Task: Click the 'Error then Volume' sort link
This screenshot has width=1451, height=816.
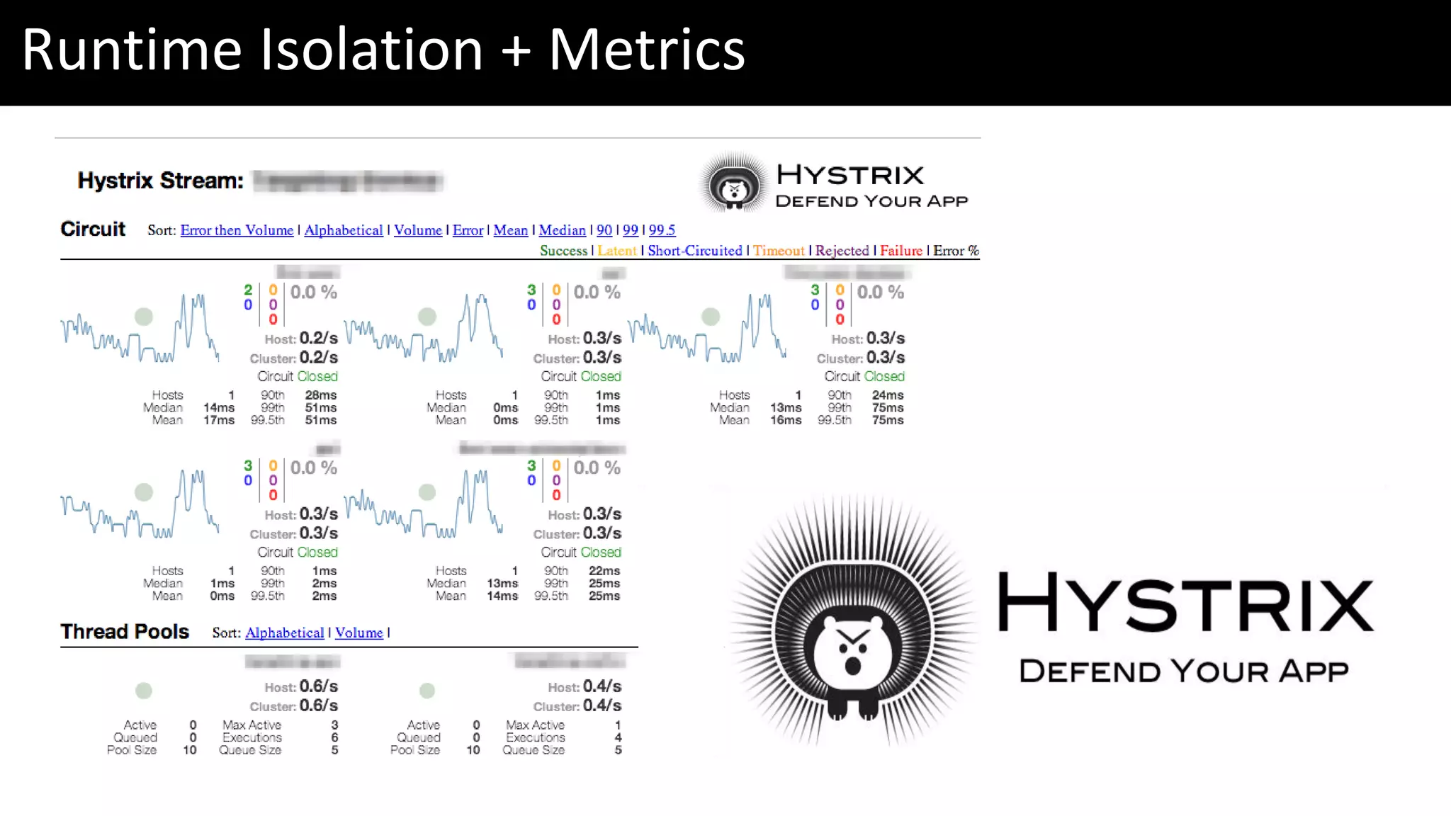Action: click(x=237, y=230)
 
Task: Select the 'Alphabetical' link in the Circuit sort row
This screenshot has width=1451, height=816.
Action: click(x=343, y=230)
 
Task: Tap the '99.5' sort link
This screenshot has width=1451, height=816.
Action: click(x=662, y=230)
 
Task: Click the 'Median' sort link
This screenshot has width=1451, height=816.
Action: click(x=562, y=230)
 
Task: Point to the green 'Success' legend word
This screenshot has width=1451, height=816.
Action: click(x=563, y=251)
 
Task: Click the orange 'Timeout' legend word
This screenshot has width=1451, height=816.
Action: click(x=779, y=251)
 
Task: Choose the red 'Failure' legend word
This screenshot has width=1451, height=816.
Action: click(x=900, y=251)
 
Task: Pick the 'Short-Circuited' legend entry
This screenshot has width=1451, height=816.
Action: click(x=694, y=251)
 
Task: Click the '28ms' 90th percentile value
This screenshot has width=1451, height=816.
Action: click(x=321, y=395)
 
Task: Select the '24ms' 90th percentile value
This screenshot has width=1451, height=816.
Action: click(x=888, y=395)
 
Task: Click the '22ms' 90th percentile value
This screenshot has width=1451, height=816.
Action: click(x=604, y=571)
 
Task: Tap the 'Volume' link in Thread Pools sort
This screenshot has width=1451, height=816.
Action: click(x=358, y=633)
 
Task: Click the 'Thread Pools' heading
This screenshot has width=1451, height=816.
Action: click(x=125, y=631)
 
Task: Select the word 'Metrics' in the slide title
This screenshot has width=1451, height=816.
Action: click(x=646, y=50)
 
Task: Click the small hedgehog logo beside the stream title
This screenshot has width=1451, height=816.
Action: click(x=734, y=183)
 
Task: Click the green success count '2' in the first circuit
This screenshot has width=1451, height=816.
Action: click(x=248, y=290)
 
